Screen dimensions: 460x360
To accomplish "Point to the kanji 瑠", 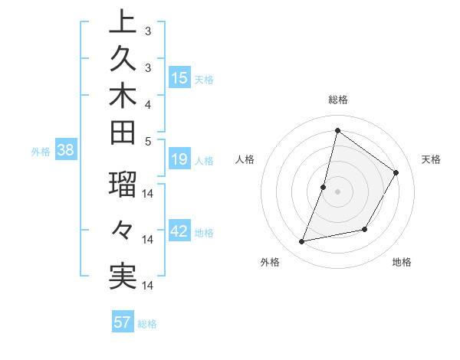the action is click(123, 185).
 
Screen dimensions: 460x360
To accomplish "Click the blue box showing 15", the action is click(179, 78).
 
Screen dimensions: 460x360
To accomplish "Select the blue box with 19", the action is click(179, 159).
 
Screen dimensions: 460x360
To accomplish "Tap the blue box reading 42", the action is click(179, 231).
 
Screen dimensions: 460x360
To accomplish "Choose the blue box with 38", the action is click(65, 151).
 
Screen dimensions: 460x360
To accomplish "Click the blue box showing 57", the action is click(123, 322).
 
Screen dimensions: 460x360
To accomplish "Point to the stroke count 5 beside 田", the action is click(148, 140).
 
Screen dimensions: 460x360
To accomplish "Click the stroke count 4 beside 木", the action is click(148, 103).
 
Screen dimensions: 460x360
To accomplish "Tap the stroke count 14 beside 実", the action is click(149, 286).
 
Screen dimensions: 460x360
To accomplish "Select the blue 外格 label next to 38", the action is click(41, 152).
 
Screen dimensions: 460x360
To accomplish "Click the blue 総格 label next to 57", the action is click(147, 323).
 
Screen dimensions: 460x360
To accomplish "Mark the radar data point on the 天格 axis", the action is click(396, 173).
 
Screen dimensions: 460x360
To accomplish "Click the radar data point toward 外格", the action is click(302, 242).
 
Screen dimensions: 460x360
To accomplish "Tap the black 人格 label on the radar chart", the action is click(245, 159).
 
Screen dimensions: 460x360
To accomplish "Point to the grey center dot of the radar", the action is click(337, 191).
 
